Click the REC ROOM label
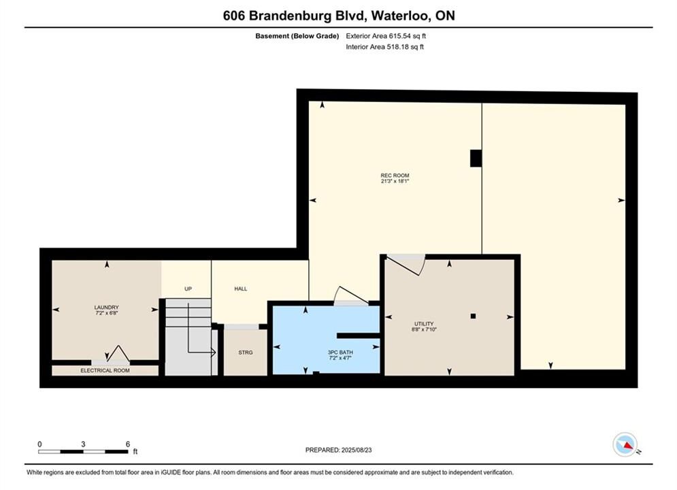395,176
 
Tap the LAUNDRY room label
106,308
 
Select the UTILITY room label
424,324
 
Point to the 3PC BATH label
340,353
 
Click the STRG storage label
245,353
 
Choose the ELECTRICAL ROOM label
105,370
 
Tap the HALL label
240,289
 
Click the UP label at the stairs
188,289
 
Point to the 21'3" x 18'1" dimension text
395,181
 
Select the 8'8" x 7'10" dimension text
424,329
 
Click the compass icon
625,444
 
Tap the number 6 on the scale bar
128,444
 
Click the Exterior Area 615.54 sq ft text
386,36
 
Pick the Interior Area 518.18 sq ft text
384,47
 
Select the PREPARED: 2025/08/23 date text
339,450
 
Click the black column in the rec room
476,158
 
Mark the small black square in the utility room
473,316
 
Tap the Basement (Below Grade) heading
297,36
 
